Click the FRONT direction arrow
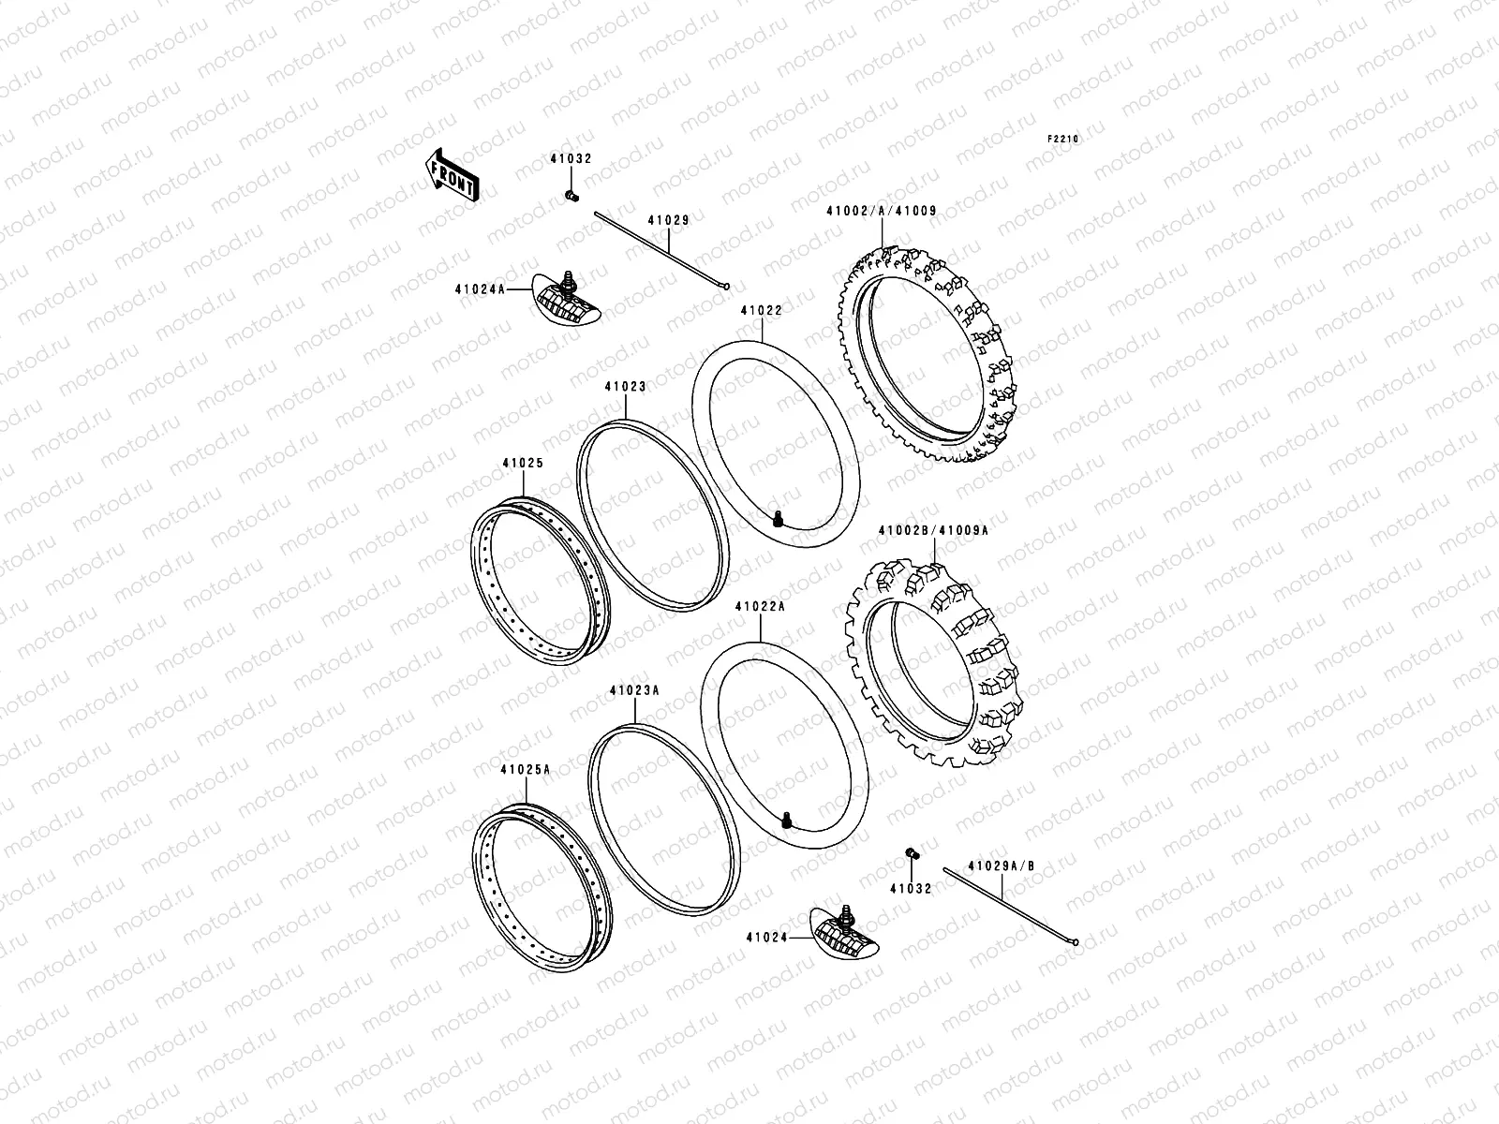click(453, 174)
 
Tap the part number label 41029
click(668, 220)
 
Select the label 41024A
click(482, 290)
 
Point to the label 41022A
click(760, 607)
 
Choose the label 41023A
click(633, 689)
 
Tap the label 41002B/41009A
click(932, 530)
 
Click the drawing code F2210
click(1063, 139)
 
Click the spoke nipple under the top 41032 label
click(570, 196)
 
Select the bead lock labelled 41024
click(847, 931)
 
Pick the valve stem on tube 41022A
click(789, 821)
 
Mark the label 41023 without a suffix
click(625, 386)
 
